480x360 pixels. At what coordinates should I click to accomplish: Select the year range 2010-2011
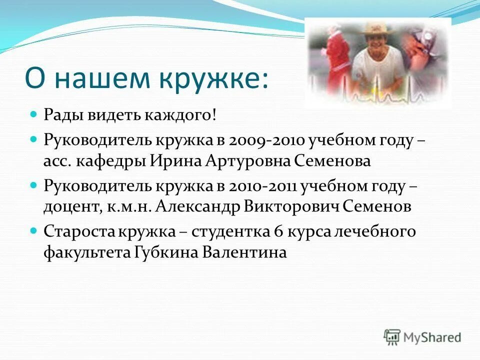pos(263,186)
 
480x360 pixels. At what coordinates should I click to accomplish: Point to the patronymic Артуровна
pos(241,161)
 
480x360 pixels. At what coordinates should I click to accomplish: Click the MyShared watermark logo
pos(422,336)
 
